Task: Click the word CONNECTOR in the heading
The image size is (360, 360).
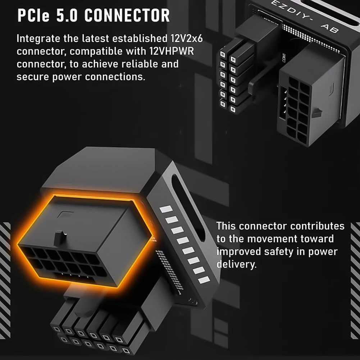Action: pos(127,15)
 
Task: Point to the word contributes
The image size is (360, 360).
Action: pos(317,226)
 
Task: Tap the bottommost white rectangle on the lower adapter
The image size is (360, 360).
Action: pos(204,279)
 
